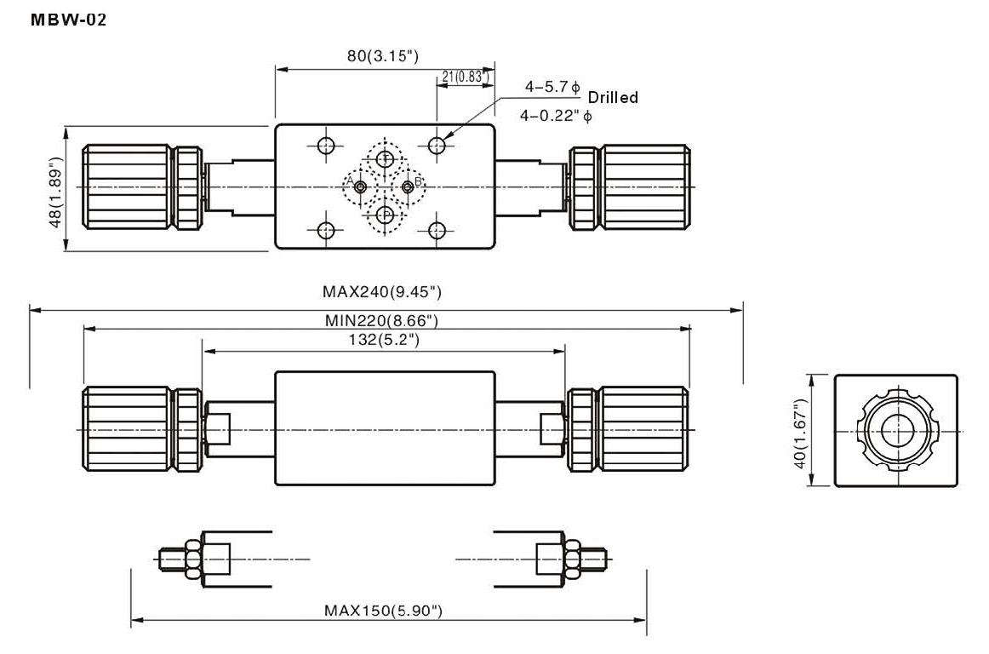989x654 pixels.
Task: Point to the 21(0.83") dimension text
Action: click(x=465, y=77)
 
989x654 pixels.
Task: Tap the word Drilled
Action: click(x=613, y=97)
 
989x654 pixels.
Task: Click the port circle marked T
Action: click(x=386, y=159)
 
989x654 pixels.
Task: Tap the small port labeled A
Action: click(x=360, y=186)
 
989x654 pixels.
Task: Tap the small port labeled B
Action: click(x=408, y=186)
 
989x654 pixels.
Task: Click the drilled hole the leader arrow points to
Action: click(x=437, y=145)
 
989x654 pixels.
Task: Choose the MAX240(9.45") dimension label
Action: click(x=381, y=292)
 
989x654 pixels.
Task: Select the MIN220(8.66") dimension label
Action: click(x=381, y=321)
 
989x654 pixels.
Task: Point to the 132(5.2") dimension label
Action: click(x=385, y=340)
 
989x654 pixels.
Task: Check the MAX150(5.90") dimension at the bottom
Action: click(x=384, y=611)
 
